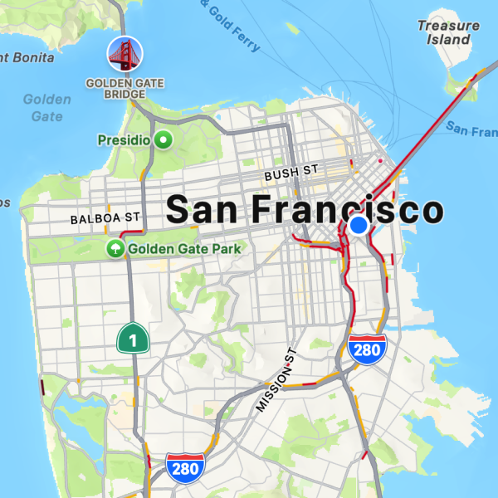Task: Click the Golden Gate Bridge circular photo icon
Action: [x=124, y=54]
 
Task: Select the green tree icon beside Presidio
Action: [x=164, y=139]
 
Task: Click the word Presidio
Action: [x=124, y=139]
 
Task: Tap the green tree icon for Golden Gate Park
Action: [x=115, y=248]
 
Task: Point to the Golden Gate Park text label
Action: [x=183, y=248]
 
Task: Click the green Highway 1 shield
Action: [x=133, y=338]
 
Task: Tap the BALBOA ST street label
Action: [x=105, y=217]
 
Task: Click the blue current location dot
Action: [x=359, y=225]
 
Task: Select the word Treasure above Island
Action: [x=448, y=25]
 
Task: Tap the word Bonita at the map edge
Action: [x=30, y=58]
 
